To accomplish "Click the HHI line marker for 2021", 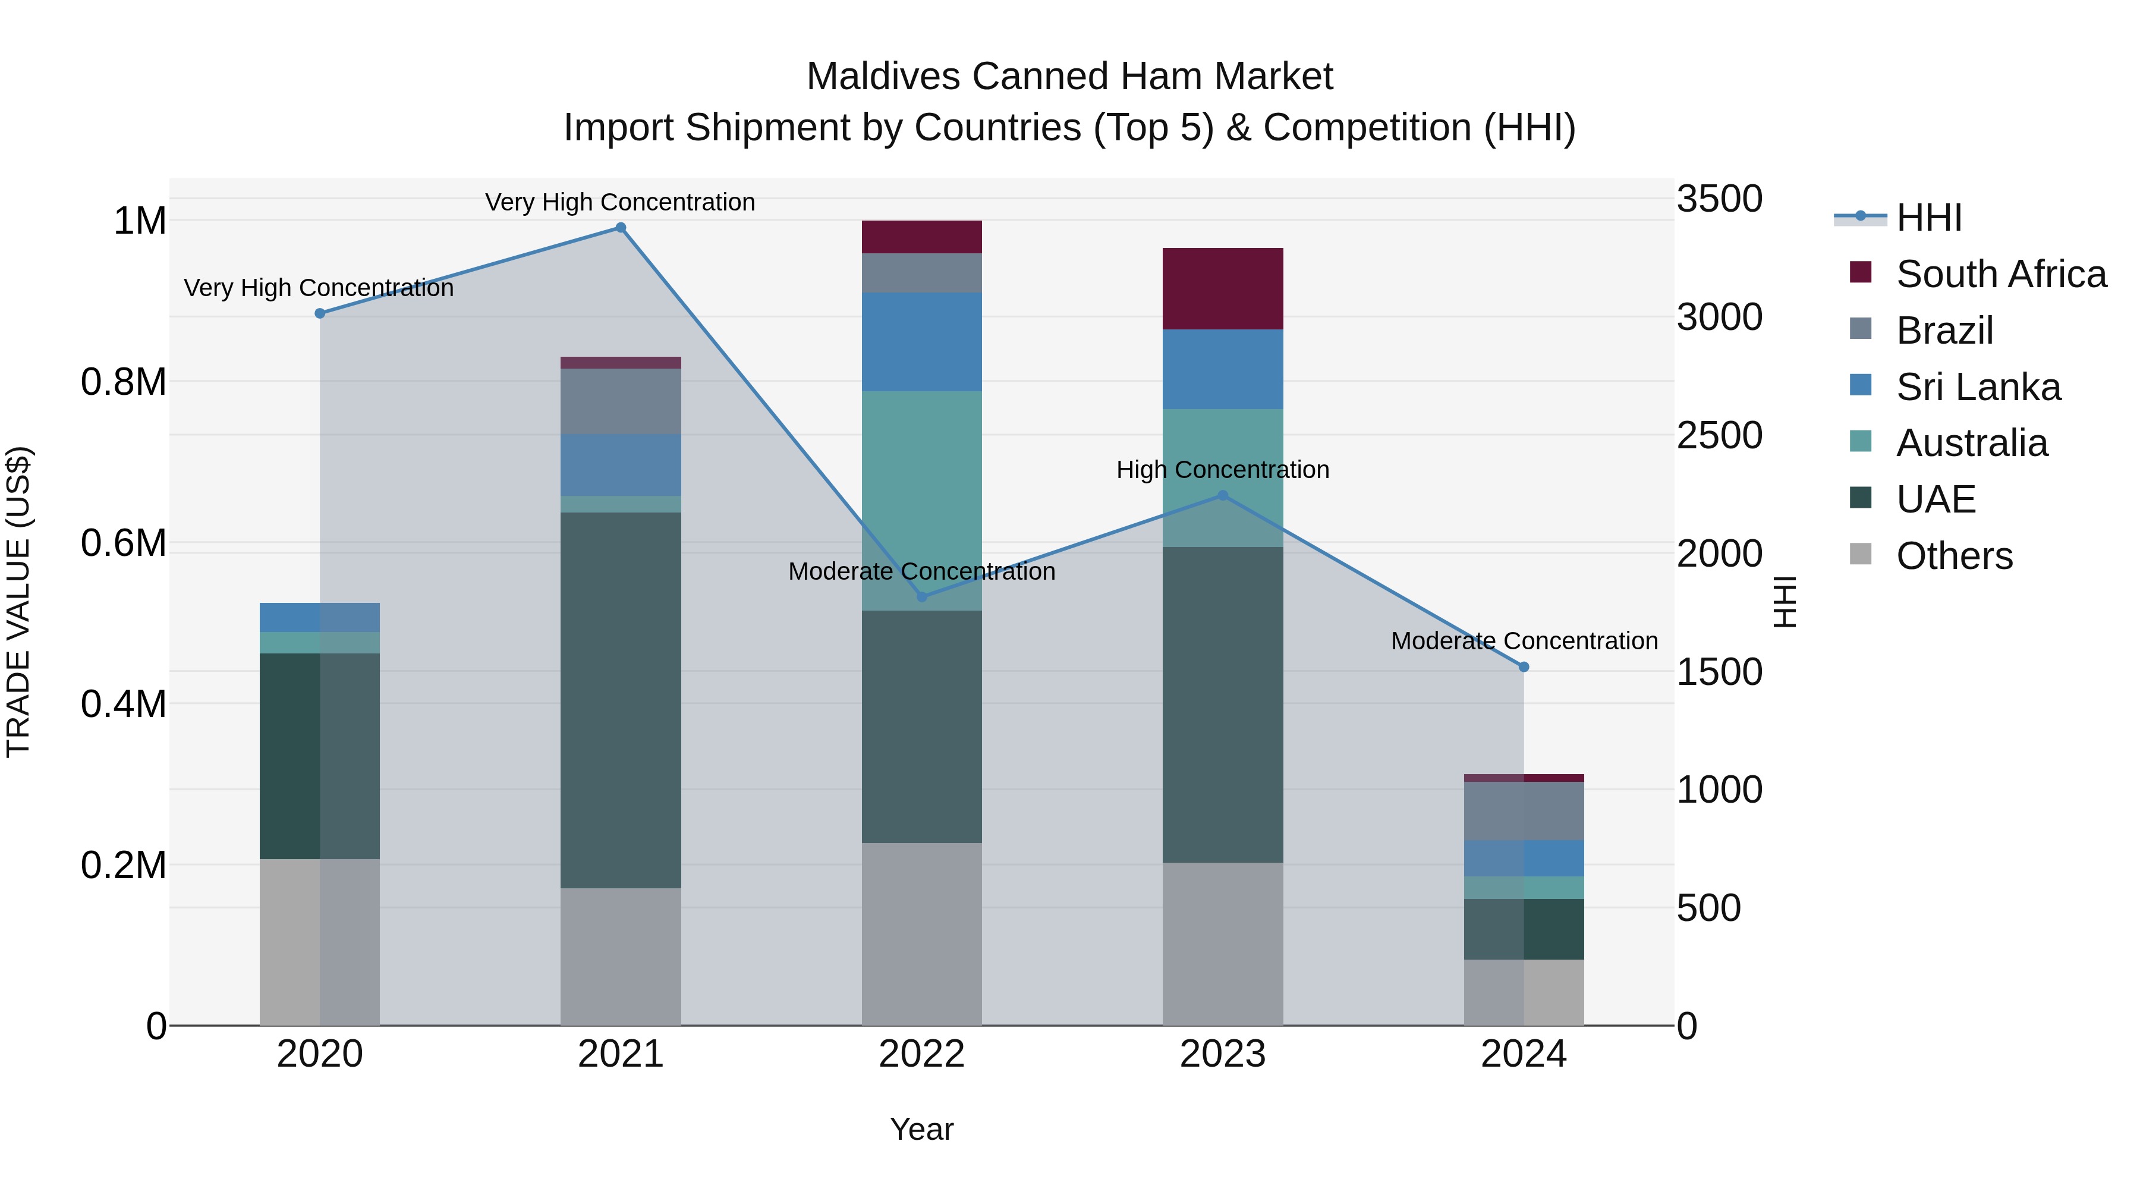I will (x=621, y=228).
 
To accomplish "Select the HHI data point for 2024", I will (x=1524, y=667).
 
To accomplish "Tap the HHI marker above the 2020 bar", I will (x=320, y=313).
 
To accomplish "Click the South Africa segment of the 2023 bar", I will (x=1222, y=288).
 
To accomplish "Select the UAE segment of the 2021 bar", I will (x=621, y=700).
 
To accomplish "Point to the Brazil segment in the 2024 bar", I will (x=1524, y=810).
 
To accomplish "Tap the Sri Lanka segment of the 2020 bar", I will (x=320, y=617).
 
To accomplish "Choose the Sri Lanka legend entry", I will (x=1978, y=387).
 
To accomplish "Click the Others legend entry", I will (x=1954, y=556).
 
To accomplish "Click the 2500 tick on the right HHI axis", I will (x=1719, y=435).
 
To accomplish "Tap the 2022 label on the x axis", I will (x=921, y=1054).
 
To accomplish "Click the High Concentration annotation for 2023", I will (x=1222, y=470).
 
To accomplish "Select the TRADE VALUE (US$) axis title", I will (x=18, y=602).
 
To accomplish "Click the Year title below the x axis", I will (x=921, y=1129).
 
